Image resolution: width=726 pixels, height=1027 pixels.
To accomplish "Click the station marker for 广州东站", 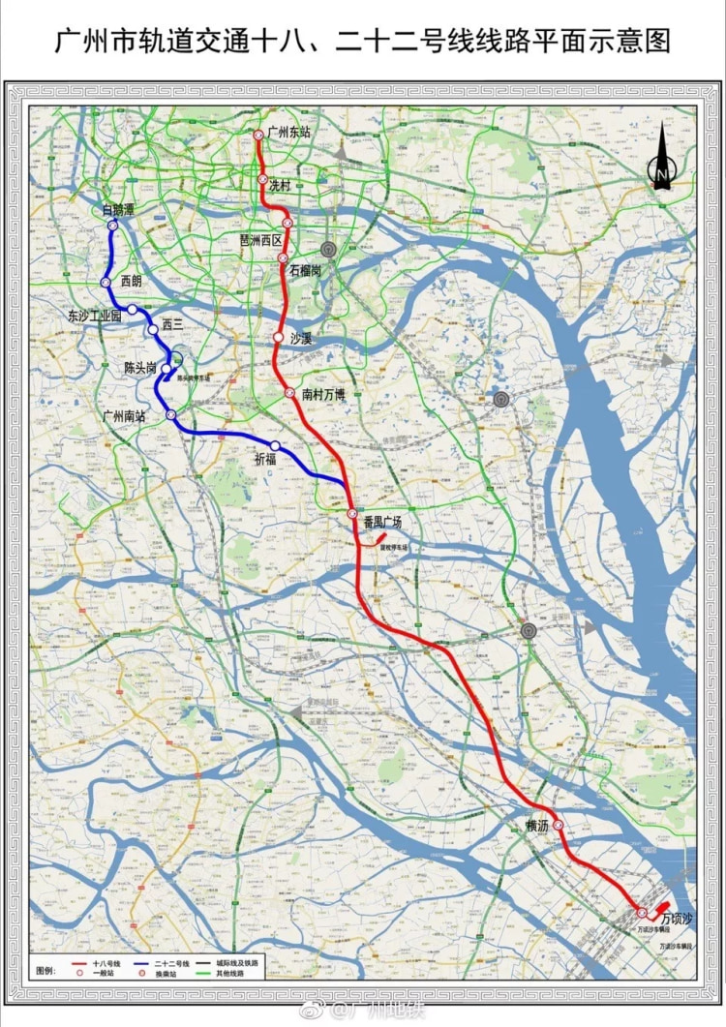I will [258, 136].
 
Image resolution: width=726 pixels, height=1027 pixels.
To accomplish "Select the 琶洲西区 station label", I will [260, 239].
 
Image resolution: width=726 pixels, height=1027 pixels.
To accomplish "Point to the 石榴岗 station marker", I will [283, 257].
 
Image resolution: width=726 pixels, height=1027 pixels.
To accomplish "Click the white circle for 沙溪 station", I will [278, 338].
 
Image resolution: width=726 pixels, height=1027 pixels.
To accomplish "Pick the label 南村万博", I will [323, 394].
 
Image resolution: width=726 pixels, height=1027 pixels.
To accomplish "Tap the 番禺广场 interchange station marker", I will [352, 513].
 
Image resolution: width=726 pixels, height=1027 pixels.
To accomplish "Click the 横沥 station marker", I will [558, 826].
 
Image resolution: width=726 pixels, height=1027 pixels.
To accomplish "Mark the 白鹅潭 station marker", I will [112, 225].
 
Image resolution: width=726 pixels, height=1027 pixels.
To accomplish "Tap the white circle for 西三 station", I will [153, 329].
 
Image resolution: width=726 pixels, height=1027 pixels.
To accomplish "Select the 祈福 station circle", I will [276, 445].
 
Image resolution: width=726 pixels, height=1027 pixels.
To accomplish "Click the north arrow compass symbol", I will [662, 160].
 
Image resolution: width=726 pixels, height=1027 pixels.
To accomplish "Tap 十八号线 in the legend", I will [106, 964].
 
